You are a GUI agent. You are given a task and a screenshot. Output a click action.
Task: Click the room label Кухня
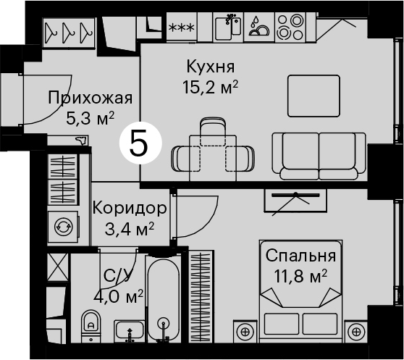pyautogui.click(x=211, y=67)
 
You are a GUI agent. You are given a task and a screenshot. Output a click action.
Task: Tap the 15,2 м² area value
pyautogui.click(x=210, y=87)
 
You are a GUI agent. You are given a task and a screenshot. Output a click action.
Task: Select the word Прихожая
pyautogui.click(x=91, y=98)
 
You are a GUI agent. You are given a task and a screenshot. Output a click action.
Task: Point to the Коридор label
pyautogui.click(x=130, y=208)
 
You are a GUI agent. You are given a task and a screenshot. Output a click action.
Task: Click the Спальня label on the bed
pyautogui.click(x=300, y=256)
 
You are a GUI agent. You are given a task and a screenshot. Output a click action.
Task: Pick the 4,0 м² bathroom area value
pyautogui.click(x=118, y=296)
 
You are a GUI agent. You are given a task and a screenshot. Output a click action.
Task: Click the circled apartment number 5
pyautogui.click(x=140, y=143)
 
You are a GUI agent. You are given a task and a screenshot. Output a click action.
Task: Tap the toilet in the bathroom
pyautogui.click(x=91, y=326)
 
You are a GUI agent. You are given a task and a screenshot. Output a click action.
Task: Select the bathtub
pyautogui.click(x=163, y=299)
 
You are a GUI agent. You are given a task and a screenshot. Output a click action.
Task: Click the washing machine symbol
pyautogui.click(x=63, y=227)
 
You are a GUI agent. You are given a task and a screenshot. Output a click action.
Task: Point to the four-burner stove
pyautogui.click(x=290, y=27)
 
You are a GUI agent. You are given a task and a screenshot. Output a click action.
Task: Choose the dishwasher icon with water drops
pyautogui.click(x=259, y=27)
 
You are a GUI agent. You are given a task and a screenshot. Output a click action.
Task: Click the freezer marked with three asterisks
pyautogui.click(x=181, y=27)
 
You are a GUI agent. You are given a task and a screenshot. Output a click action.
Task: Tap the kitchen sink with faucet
pyautogui.click(x=228, y=27)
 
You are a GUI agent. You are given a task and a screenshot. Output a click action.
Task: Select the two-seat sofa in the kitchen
pyautogui.click(x=319, y=156)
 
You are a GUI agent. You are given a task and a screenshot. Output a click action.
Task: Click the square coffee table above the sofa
pyautogui.click(x=313, y=96)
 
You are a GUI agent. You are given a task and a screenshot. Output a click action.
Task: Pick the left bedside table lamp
pyautogui.click(x=245, y=331)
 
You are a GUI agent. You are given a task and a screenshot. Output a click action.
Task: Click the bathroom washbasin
pyautogui.click(x=130, y=331)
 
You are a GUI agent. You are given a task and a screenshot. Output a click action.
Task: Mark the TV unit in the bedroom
pyautogui.click(x=295, y=201)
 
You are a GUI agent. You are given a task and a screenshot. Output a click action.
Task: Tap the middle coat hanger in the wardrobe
pyautogui.click(x=68, y=32)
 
